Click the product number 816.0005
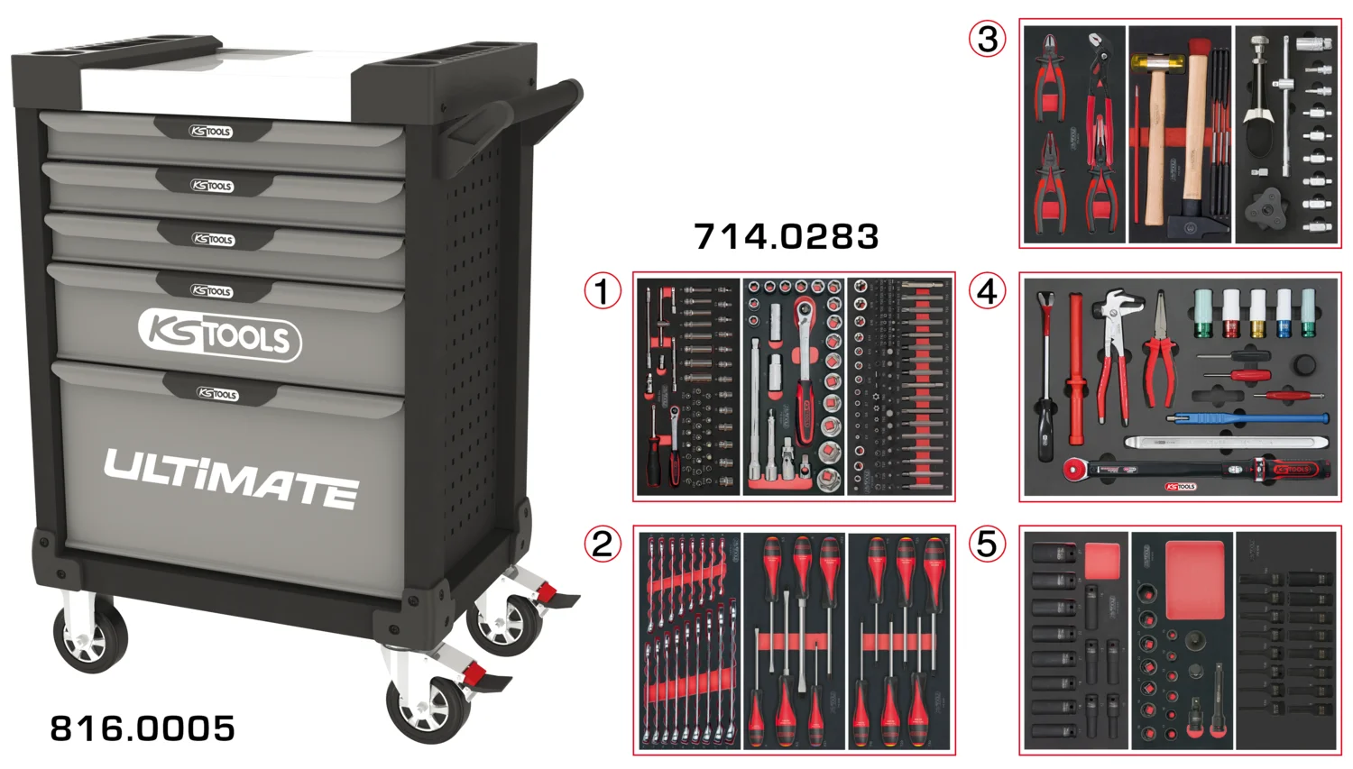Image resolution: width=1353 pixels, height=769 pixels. [x=143, y=728]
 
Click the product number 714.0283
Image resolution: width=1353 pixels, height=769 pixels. [x=786, y=237]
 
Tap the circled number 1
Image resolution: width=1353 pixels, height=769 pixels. [x=603, y=291]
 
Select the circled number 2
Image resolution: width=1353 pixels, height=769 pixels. [x=603, y=544]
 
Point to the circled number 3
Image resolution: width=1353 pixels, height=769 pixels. [x=987, y=39]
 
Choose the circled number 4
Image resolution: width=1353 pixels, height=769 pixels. [x=987, y=291]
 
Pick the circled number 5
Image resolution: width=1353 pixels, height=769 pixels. [x=987, y=544]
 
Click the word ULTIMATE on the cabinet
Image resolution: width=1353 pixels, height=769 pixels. [x=231, y=477]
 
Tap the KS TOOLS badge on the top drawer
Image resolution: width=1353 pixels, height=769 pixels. [x=211, y=132]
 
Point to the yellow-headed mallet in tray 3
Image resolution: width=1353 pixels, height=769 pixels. [x=1152, y=64]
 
